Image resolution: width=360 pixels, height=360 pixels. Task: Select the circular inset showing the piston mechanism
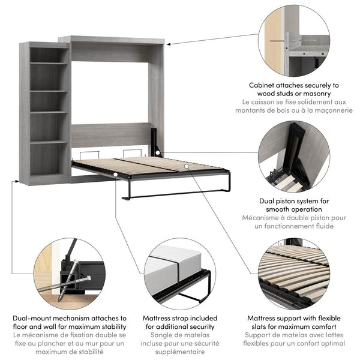[294, 157]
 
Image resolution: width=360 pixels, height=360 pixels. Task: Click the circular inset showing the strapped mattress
[180, 272]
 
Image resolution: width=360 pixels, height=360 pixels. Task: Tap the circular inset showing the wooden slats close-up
[294, 272]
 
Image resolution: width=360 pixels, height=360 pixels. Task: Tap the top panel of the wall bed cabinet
[114, 40]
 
